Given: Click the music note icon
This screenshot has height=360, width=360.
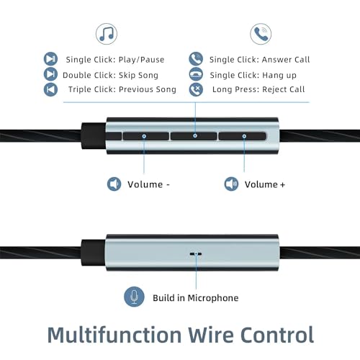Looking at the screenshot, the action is click(107, 34).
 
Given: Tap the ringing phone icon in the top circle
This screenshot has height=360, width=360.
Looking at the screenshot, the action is click(261, 34).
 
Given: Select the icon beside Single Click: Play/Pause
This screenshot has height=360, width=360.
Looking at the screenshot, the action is click(50, 59).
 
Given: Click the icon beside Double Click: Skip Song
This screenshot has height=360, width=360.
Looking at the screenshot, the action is click(50, 74).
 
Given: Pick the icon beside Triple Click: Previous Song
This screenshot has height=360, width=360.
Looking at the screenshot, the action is click(50, 89).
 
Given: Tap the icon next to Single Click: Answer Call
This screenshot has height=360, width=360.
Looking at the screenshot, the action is click(196, 59).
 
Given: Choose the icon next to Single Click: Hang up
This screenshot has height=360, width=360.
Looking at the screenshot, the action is click(196, 74).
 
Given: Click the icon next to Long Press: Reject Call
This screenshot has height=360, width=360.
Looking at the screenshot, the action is click(196, 89).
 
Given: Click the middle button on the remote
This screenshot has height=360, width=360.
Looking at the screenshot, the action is click(194, 136).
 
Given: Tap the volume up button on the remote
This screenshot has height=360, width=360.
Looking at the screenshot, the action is click(243, 136).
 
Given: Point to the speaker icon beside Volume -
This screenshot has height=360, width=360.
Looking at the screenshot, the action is click(114, 184).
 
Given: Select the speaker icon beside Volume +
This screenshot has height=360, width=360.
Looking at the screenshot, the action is click(231, 184).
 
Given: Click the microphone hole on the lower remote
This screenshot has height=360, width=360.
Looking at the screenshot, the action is click(196, 253).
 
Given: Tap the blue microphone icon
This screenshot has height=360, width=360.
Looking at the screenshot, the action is click(134, 297).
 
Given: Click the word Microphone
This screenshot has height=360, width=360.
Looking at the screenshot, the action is click(213, 298).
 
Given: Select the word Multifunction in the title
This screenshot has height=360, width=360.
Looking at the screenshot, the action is click(114, 335).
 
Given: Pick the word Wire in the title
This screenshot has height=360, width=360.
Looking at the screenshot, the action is click(211, 335).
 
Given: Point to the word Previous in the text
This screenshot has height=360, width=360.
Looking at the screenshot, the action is click(136, 89).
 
